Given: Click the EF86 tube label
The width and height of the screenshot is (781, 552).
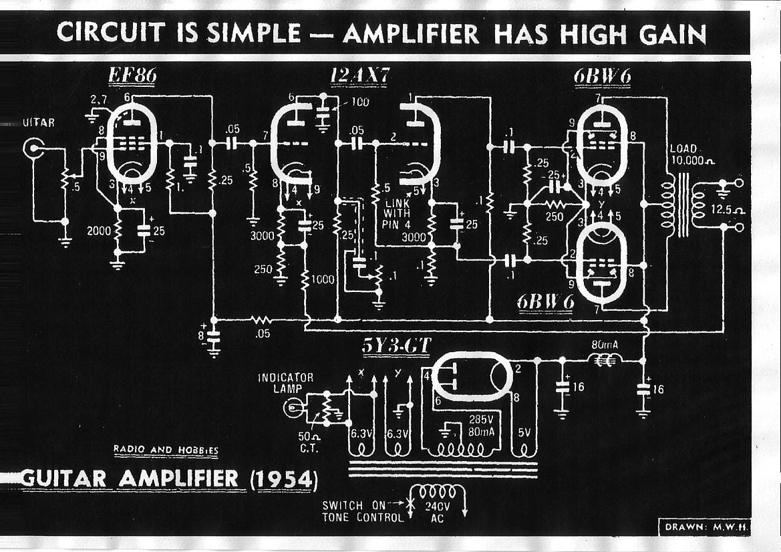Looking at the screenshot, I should click(132, 76).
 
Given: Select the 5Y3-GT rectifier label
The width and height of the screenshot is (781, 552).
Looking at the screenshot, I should click(396, 345).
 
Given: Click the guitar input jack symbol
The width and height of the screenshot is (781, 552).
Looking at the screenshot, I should click(32, 148).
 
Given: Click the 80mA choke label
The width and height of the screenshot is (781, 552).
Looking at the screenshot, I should click(605, 346).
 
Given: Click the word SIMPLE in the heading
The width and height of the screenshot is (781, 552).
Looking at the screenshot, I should click(251, 33).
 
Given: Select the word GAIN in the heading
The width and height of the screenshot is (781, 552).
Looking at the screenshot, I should click(671, 33).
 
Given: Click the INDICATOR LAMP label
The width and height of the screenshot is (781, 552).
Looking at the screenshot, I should click(285, 383).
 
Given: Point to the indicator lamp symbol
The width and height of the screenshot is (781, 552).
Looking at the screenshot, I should click(293, 407).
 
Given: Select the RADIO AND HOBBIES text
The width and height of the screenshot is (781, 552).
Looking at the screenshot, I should click(166, 450).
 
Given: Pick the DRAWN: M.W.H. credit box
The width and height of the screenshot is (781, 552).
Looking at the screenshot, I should click(706, 527).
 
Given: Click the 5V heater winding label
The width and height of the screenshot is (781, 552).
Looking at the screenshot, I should click(525, 432).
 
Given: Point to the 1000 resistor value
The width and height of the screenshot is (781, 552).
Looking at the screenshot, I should click(323, 280).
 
